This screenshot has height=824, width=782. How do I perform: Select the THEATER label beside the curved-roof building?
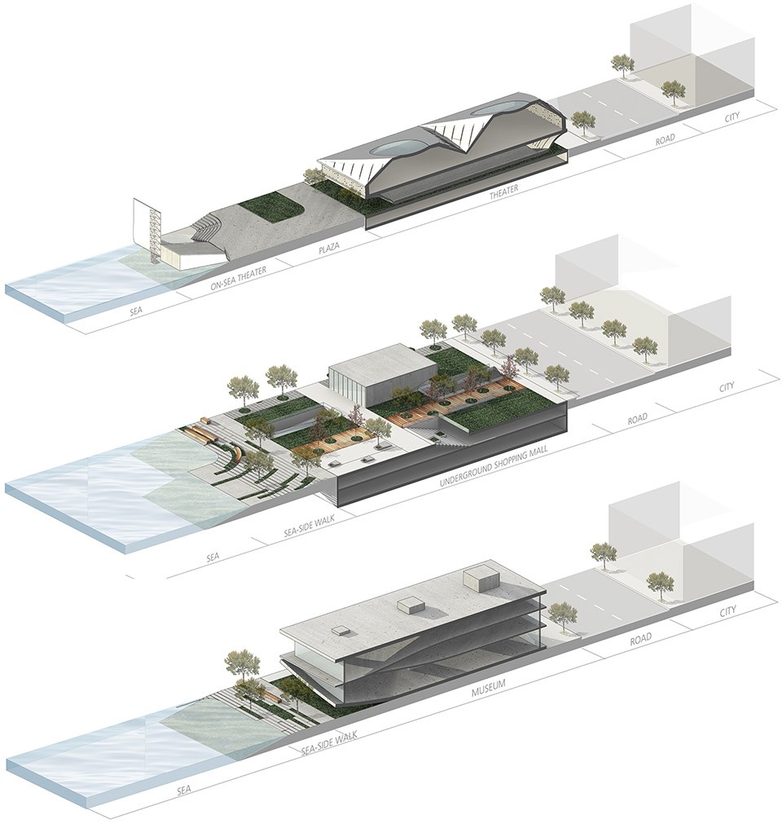coord(503,192)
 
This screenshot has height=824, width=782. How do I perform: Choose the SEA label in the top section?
coord(136,311)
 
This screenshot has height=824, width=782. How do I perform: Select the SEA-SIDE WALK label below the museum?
coord(329,743)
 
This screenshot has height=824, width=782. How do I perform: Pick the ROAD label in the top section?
coord(665,141)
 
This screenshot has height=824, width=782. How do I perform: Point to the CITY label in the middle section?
coord(727,388)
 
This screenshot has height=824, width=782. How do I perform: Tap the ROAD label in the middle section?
coord(637,419)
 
